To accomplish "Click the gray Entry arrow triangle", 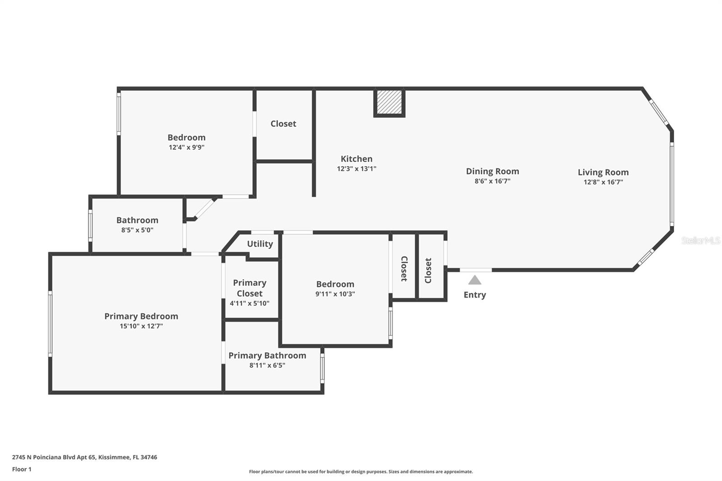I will point(474,280).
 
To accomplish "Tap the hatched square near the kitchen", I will point(389,102).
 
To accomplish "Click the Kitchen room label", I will point(356,159).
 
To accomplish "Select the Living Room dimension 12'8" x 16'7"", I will point(603,182).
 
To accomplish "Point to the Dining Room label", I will point(492,171).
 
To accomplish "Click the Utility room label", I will point(260,244).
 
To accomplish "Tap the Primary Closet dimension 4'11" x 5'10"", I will point(250,303).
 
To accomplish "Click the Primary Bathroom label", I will point(267,356).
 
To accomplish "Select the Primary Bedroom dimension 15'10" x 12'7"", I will point(141,326).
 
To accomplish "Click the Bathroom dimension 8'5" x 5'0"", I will point(137,230).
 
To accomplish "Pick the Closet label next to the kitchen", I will point(283,124).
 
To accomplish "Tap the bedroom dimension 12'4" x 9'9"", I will point(186,148).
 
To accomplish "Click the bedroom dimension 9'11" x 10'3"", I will point(335,294).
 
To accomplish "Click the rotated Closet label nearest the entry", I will point(428,270).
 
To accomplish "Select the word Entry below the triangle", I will point(475,295).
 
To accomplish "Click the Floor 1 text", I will point(22,469).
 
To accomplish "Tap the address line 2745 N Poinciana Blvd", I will point(84,457).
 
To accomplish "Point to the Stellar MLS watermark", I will point(700,240).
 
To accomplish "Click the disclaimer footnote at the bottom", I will point(361,472).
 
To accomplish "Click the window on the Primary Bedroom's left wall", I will point(50,324).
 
